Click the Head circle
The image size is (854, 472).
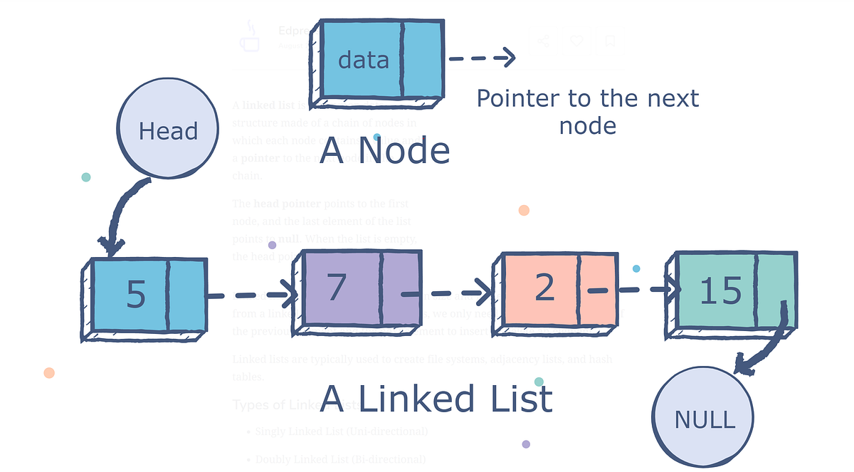[168, 132]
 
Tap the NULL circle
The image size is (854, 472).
[703, 419]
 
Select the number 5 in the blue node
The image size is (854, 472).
[135, 294]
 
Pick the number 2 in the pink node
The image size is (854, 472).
[544, 287]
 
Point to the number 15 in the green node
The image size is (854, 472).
[720, 291]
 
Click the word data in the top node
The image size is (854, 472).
[363, 60]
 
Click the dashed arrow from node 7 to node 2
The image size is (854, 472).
[448, 292]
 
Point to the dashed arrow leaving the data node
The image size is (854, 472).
[481, 58]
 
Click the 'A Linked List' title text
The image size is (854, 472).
[436, 399]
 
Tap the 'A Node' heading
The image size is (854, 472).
[384, 151]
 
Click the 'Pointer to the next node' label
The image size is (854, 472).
[587, 112]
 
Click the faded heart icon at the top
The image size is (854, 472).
[577, 41]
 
